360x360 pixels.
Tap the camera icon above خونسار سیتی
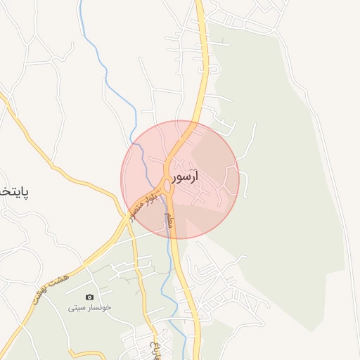[89, 297]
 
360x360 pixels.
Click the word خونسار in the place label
[98, 307]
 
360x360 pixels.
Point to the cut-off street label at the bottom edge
[155, 348]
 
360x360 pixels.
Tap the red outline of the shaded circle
[239, 179]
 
